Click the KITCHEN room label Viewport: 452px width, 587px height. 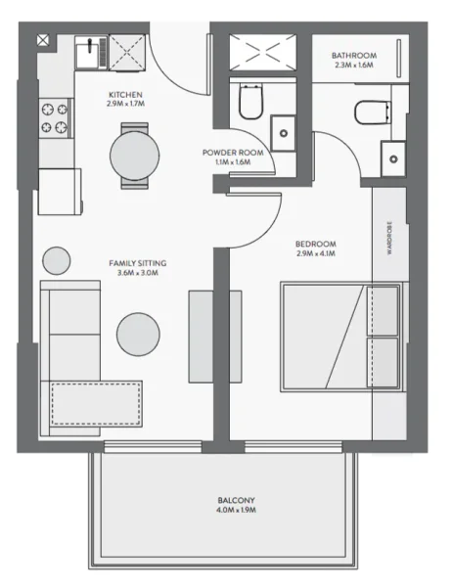(126, 95)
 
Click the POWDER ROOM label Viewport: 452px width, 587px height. (234, 154)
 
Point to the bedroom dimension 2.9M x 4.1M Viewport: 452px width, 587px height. (315, 253)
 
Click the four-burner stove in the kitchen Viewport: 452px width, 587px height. (54, 118)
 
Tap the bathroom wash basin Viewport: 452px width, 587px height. (393, 154)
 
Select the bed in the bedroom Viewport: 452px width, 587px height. (340, 336)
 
